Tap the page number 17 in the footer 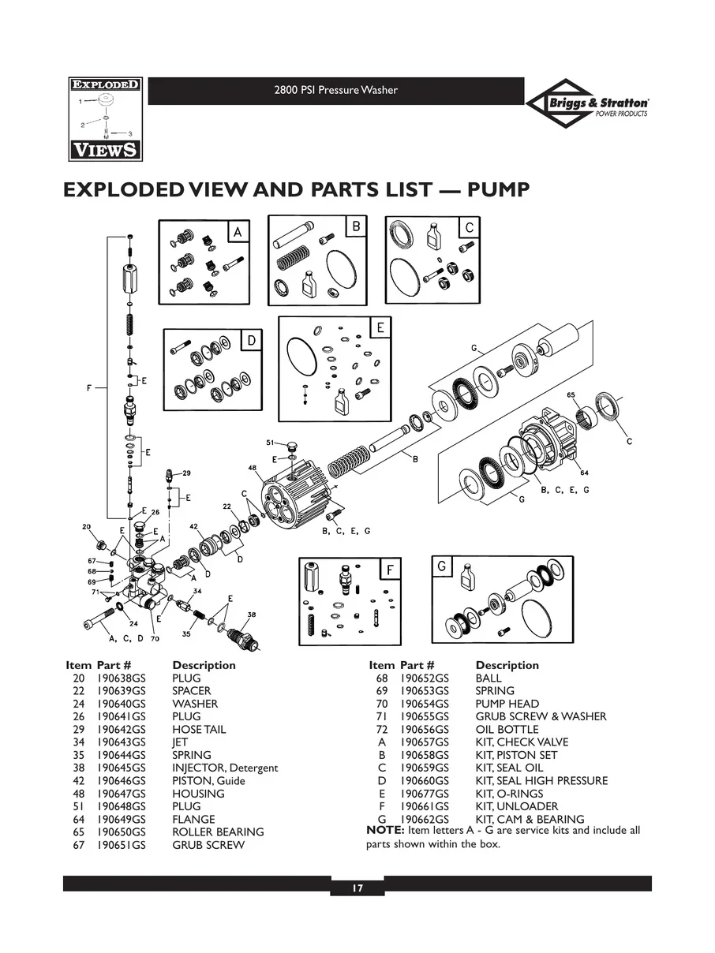[357, 888]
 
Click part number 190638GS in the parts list [121, 678]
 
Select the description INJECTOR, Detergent [225, 768]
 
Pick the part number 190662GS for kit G [425, 820]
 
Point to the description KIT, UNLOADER [516, 806]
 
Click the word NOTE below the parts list [385, 831]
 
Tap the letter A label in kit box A [237, 232]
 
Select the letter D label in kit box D [251, 341]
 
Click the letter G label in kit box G [442, 566]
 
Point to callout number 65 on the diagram [571, 394]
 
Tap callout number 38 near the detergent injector [251, 614]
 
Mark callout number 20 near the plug [87, 527]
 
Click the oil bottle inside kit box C [432, 235]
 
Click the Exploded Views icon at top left [103, 119]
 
